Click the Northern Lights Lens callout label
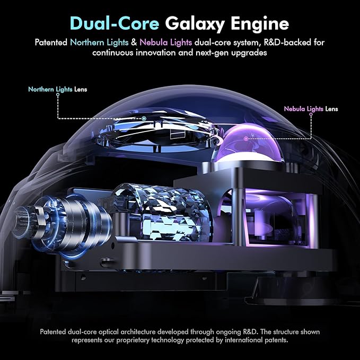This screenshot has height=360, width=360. point(57,90)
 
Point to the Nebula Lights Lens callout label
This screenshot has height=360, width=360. point(311,109)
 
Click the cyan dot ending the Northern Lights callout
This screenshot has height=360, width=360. point(144,118)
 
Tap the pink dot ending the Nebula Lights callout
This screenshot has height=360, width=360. point(245,138)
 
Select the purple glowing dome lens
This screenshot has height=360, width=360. point(249,143)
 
